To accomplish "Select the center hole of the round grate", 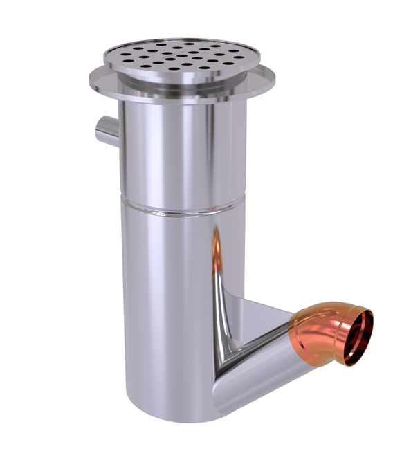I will point(181,55).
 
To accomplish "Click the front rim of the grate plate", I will point(181,77).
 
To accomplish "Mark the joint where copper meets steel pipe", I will point(299,332).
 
